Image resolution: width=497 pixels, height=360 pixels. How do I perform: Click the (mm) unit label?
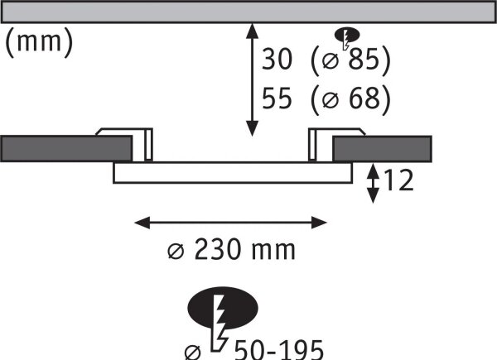(39, 42)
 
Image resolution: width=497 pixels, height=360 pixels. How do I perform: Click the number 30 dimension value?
(277, 59)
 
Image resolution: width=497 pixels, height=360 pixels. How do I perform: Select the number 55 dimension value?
(277, 98)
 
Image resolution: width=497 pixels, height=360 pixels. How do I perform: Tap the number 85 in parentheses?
(364, 59)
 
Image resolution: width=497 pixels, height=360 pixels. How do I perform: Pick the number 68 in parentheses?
(364, 98)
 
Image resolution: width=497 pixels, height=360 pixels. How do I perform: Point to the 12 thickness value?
(398, 180)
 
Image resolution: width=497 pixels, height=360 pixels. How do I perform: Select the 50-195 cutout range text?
(279, 350)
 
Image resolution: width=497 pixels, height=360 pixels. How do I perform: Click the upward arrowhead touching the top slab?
(252, 31)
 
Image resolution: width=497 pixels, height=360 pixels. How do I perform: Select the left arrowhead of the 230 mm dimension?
(142, 223)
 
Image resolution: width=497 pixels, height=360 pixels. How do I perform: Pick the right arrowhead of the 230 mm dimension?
(319, 223)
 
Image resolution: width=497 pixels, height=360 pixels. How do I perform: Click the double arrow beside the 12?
(373, 183)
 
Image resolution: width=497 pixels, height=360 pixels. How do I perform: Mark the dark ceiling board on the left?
(66, 148)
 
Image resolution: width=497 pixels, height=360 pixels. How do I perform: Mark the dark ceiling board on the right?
(382, 149)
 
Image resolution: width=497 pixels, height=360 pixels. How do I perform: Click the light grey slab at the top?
(248, 12)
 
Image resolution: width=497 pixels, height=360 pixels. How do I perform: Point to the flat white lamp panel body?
(233, 173)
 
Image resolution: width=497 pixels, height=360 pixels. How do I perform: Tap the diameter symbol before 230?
(176, 252)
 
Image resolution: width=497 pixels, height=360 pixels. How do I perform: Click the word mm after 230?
(273, 252)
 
